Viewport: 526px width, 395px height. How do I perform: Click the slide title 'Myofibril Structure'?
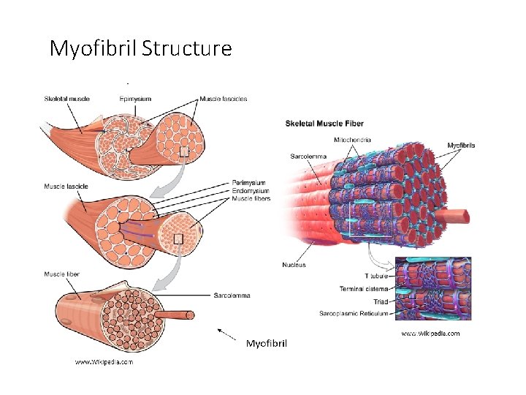[x=140, y=48]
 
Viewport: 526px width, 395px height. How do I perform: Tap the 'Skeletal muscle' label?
[x=67, y=99]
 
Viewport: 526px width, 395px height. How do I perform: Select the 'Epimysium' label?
[x=136, y=99]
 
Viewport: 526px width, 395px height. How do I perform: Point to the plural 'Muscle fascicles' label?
[x=224, y=99]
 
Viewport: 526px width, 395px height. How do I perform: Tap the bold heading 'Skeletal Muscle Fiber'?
[x=324, y=124]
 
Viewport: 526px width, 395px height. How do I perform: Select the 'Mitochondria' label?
[x=352, y=140]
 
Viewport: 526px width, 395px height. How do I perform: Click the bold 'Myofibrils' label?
[x=461, y=146]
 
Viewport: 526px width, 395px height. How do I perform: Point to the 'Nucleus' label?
[x=294, y=264]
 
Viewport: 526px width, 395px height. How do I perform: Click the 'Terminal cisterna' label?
[x=364, y=289]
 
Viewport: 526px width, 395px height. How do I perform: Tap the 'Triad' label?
[x=380, y=301]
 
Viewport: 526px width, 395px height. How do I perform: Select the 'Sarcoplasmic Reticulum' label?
[x=354, y=313]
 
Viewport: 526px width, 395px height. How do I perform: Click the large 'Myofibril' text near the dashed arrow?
[x=267, y=342]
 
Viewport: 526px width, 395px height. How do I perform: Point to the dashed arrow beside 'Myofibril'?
[x=227, y=336]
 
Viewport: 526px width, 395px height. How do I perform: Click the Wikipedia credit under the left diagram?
[x=104, y=361]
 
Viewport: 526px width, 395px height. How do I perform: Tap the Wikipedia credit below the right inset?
[x=431, y=334]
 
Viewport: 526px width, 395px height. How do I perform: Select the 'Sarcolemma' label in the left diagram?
[x=232, y=296]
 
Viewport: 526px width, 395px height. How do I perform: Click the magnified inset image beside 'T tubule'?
[x=432, y=288]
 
